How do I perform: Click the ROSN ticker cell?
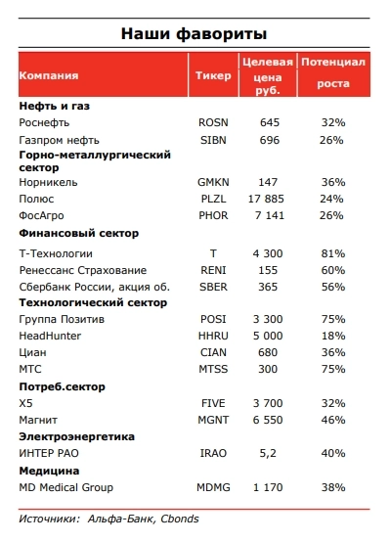coord(212,122)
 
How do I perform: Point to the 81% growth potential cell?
coord(333,251)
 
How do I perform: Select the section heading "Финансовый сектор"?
coord(79,233)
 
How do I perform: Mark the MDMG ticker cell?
coord(214,487)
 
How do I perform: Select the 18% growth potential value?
coord(333,337)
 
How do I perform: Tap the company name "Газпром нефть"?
coord(58,140)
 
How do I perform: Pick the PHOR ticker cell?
coord(212,214)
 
